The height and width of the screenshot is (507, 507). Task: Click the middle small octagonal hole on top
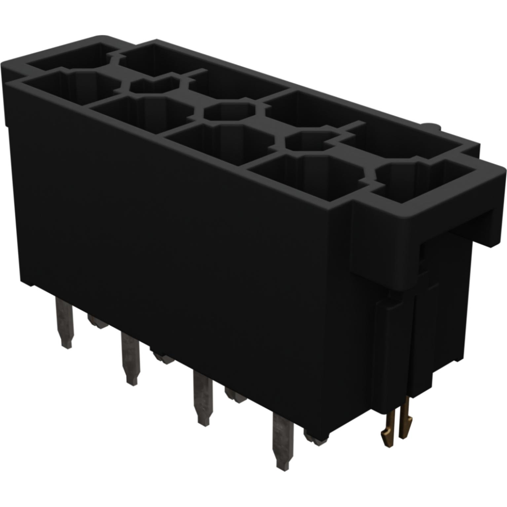point(229,112)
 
